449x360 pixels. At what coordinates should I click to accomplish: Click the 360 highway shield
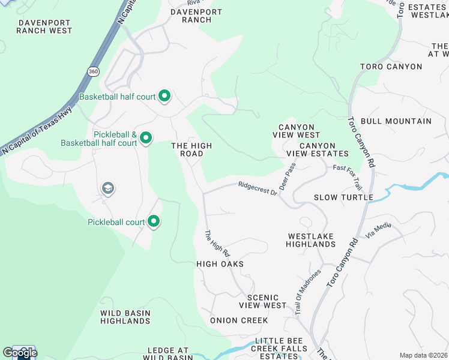tap(92, 71)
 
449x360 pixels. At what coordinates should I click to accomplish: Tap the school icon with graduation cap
tap(108, 189)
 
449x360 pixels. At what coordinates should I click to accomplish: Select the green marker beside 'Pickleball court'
tap(154, 222)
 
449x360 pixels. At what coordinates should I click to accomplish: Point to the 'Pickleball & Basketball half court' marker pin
tap(145, 139)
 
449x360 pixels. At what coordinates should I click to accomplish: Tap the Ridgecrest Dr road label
tap(257, 188)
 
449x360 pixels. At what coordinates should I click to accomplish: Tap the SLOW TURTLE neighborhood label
tap(343, 197)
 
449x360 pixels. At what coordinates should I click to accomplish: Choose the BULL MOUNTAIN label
tap(396, 121)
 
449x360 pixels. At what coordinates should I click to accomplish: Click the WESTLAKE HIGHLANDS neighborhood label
tap(310, 240)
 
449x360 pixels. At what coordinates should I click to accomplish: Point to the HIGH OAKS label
tap(220, 263)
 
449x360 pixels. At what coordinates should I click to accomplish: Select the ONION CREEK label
tap(239, 320)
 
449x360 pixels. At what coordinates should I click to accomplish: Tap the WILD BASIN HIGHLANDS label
tap(125, 317)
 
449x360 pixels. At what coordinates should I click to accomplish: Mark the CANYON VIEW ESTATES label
tap(324, 149)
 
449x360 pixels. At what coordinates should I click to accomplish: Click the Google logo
tap(20, 353)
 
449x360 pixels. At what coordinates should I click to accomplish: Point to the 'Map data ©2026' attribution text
tap(423, 355)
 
